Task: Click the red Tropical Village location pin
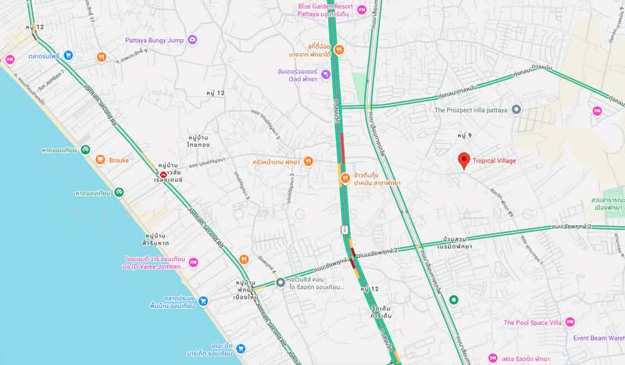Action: pyautogui.click(x=463, y=161)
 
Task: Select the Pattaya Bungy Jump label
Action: pyautogui.click(x=155, y=39)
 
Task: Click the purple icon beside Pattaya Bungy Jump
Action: pyautogui.click(x=192, y=39)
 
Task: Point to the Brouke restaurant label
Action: pyautogui.click(x=118, y=160)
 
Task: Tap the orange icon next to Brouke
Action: pyautogui.click(x=100, y=159)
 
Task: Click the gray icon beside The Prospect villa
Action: pyautogui.click(x=516, y=109)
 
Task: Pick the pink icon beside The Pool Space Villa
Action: pyautogui.click(x=570, y=322)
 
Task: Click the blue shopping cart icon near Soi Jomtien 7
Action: pyautogui.click(x=69, y=55)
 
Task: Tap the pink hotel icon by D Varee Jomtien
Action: pyautogui.click(x=193, y=262)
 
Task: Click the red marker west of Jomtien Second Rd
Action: pyautogui.click(x=163, y=174)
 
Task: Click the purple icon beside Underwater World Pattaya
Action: pyautogui.click(x=326, y=75)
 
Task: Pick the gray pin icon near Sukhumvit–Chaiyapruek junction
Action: pyautogui.click(x=280, y=281)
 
